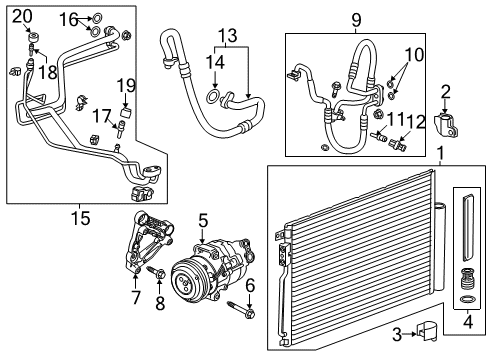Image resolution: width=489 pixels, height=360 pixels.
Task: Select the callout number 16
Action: point(68,19)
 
